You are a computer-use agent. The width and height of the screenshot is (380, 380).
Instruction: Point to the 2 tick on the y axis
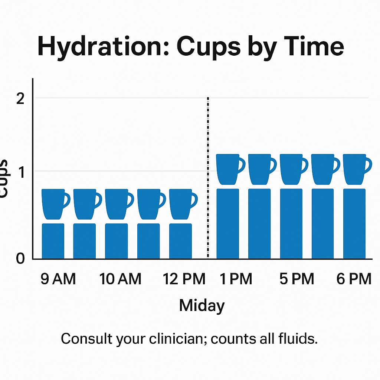coord(20,99)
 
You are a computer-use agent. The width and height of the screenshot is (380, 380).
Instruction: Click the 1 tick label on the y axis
coord(21,172)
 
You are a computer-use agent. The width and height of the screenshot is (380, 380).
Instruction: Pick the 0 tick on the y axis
coord(20,259)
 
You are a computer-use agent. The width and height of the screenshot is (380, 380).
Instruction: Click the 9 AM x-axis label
coord(58,279)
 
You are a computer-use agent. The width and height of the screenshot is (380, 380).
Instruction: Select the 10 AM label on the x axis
coord(121,279)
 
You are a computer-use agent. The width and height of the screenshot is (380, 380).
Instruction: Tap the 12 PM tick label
coord(184,279)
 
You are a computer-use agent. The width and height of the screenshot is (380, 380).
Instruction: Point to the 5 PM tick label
coord(297,279)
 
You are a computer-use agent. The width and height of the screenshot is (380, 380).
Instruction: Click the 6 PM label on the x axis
coord(354,279)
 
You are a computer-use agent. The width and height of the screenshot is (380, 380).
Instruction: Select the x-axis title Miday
coord(202,306)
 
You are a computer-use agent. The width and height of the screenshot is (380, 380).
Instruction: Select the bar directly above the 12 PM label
coord(180,241)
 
